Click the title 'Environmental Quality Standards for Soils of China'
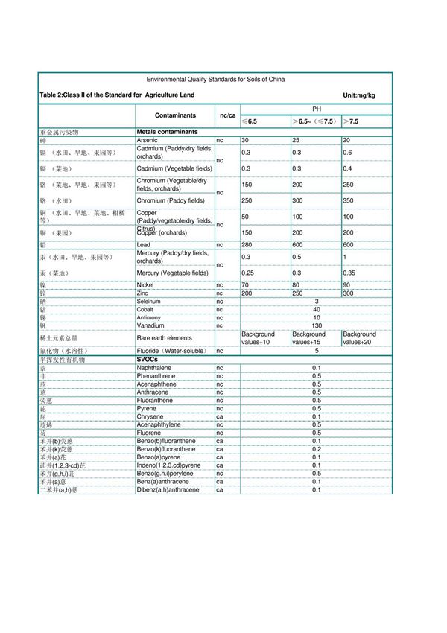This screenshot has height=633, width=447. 215,79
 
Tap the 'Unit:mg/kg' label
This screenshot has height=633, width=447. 358,95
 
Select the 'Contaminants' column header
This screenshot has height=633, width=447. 175,115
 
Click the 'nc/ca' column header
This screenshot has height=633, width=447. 226,115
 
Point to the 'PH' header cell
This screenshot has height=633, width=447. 316,109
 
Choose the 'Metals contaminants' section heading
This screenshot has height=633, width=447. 168,132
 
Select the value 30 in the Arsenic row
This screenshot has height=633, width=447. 245,140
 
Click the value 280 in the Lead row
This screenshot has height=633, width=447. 247,244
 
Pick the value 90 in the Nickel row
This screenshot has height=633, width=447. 347,284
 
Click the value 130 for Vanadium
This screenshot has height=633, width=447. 316,325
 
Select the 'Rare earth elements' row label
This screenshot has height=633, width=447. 164,338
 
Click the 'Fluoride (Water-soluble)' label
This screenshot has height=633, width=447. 171,350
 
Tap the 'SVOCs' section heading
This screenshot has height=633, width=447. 148,359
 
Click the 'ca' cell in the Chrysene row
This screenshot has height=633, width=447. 220,416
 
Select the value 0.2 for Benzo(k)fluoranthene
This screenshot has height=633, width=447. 316,449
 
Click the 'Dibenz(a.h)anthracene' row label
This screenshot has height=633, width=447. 168,489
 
